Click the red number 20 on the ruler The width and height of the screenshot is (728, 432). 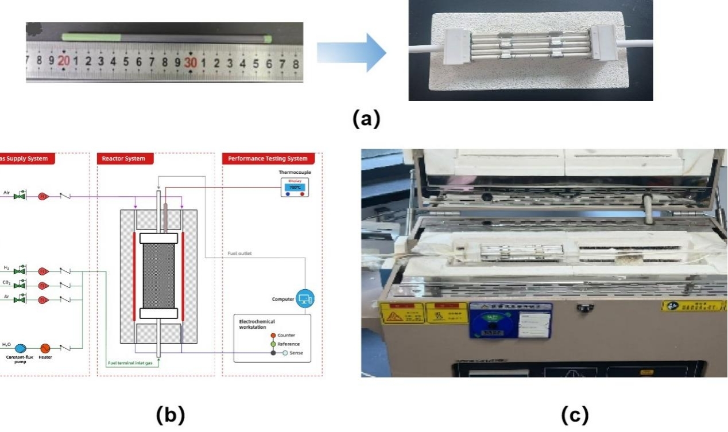63,60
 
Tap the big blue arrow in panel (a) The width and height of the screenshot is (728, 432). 351,53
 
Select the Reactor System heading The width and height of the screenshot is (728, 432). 123,158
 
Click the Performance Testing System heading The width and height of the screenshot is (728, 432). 268,158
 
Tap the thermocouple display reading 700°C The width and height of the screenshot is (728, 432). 295,187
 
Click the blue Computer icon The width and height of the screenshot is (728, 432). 305,298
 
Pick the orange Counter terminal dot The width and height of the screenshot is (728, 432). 273,335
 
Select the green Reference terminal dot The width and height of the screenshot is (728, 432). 273,344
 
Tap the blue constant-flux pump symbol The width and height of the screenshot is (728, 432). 21,348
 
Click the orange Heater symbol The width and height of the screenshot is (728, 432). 45,348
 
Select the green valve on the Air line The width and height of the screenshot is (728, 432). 21,196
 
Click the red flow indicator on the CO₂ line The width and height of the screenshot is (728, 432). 43,285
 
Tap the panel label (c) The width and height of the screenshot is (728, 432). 574,415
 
